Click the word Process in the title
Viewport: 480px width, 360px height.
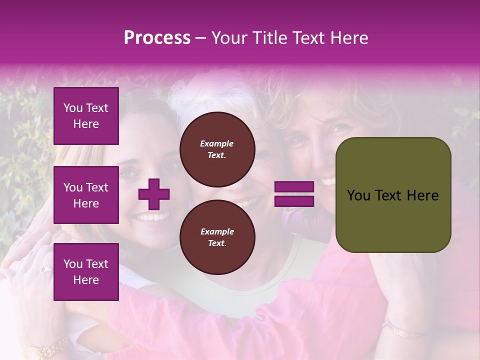click(x=157, y=38)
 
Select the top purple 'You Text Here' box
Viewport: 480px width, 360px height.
click(x=86, y=116)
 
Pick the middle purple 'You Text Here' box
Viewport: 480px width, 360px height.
click(x=86, y=195)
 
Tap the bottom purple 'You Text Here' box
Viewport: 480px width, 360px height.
click(x=86, y=272)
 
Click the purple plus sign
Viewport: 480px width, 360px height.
click(x=154, y=194)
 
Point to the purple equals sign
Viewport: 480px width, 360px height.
click(x=294, y=194)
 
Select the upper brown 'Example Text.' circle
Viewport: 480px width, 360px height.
click(x=217, y=149)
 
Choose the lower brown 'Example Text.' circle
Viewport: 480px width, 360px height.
click(x=217, y=237)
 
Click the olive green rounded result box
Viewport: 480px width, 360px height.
click(x=393, y=195)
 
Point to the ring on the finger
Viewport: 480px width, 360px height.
click(x=44, y=269)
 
